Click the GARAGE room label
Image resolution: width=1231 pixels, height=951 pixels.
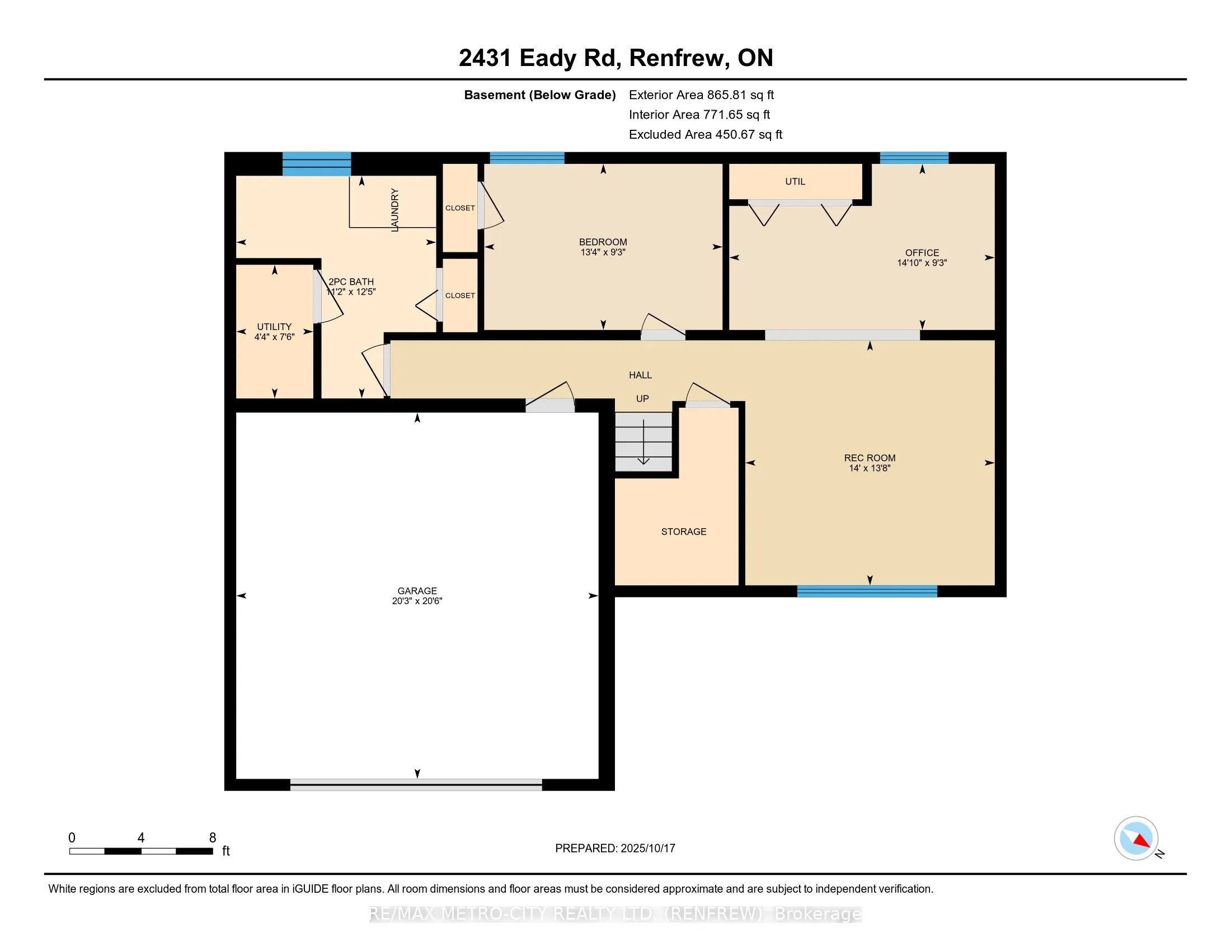[417, 590]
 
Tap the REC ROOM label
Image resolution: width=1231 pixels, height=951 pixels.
[870, 458]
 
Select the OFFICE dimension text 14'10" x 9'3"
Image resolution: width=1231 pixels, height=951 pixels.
[922, 262]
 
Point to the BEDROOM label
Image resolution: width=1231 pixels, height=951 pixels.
[603, 242]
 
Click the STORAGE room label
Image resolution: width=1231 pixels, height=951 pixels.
[684, 531]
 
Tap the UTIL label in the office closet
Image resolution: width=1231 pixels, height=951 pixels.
[795, 181]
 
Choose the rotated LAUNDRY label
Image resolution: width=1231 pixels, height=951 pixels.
[394, 210]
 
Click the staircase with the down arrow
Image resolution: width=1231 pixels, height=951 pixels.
[643, 442]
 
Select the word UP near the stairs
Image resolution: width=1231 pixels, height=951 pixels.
[642, 398]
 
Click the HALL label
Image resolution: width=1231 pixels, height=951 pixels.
[640, 375]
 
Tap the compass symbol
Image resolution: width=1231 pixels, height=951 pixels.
[1136, 838]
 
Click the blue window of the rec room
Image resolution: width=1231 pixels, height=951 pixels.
[867, 591]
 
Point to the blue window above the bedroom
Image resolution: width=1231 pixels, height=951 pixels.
[527, 158]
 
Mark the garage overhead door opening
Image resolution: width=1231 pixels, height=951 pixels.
[416, 785]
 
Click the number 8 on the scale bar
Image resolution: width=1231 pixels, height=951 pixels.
[213, 838]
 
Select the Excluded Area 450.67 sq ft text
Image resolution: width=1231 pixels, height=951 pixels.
[706, 134]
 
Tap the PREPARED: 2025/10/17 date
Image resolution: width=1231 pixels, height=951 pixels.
[615, 848]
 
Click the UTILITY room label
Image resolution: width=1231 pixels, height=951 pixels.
[275, 327]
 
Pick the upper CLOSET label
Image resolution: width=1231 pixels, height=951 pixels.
[460, 208]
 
